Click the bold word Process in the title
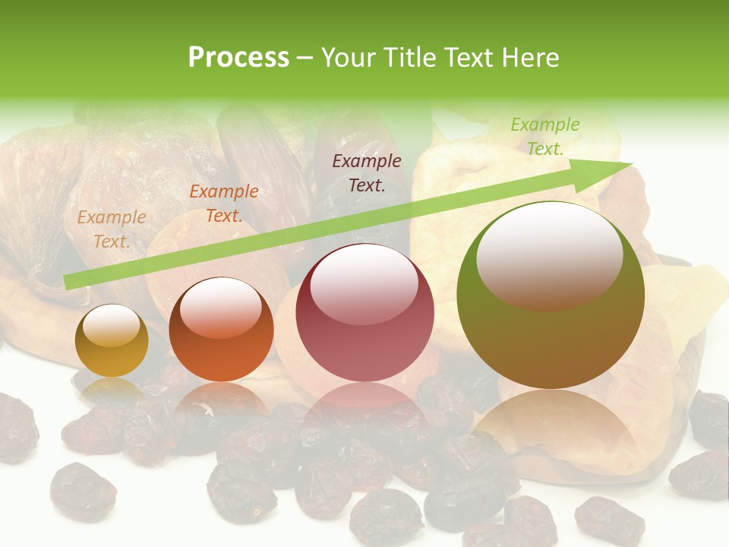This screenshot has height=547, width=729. pos(238,58)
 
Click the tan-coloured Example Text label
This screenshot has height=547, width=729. pos(112,229)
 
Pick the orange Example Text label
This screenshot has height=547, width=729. pos(224,204)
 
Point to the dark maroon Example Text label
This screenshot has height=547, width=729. pos(367,172)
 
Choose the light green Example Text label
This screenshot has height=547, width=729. pos(545,137)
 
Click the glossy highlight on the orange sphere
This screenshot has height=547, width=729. pos(221,307)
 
